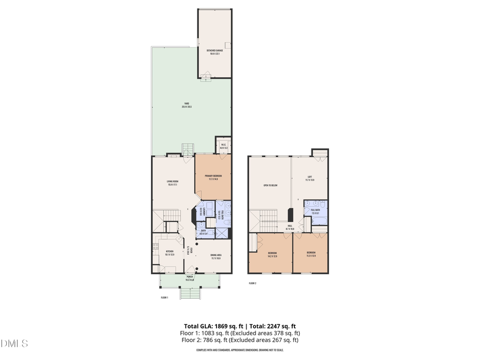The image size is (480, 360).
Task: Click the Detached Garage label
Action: click(214, 52)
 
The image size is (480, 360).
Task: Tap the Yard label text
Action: click(187, 105)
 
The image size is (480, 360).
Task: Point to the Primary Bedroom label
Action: click(213, 178)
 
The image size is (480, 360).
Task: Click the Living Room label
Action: click(172, 183)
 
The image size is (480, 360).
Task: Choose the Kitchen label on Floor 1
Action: click(170, 253)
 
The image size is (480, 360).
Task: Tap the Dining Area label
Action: click(216, 257)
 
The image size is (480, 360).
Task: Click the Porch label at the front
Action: click(189, 278)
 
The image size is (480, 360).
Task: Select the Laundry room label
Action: click(198, 213)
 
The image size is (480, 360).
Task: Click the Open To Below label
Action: click(270, 186)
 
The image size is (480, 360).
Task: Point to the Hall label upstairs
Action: click(290, 227)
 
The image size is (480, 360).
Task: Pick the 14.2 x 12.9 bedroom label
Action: click(272, 254)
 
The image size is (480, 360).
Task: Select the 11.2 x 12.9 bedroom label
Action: click(311, 254)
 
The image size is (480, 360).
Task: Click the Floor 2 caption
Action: click(252, 283)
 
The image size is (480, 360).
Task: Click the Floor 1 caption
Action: click(164, 298)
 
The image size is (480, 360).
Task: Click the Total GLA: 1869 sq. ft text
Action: click(211, 326)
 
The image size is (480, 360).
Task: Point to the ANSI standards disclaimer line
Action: click(240, 350)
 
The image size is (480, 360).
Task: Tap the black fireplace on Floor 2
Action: click(290, 214)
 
